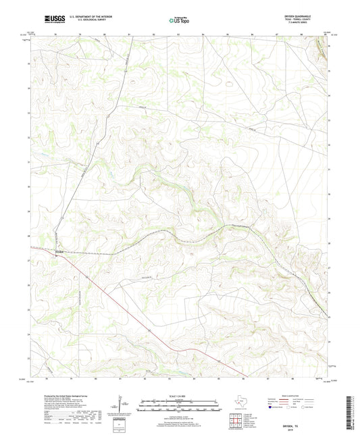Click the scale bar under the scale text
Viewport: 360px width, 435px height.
click(179, 407)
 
